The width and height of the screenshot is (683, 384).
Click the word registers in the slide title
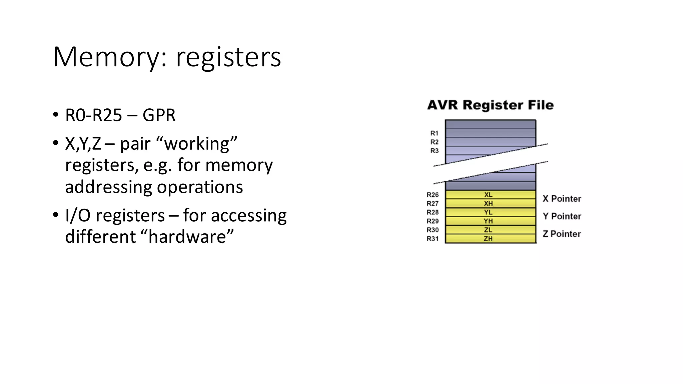pyautogui.click(x=228, y=57)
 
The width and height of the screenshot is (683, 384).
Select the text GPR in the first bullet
pyautogui.click(x=159, y=115)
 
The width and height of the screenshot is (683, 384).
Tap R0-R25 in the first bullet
pyautogui.click(x=94, y=115)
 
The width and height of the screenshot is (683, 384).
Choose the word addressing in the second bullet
pyautogui.click(x=108, y=187)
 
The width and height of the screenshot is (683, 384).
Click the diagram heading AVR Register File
pyautogui.click(x=490, y=105)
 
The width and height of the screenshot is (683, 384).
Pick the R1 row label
pyautogui.click(x=434, y=133)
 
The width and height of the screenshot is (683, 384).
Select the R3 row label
pyautogui.click(x=434, y=151)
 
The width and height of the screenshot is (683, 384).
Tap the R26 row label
pyautogui.click(x=433, y=195)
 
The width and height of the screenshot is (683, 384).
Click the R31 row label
pyautogui.click(x=433, y=239)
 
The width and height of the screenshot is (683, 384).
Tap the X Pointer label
pyautogui.click(x=562, y=199)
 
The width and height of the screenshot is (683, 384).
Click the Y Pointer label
pyautogui.click(x=562, y=216)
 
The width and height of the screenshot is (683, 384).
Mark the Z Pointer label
pyautogui.click(x=562, y=234)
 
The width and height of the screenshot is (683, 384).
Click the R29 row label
pyautogui.click(x=433, y=221)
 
